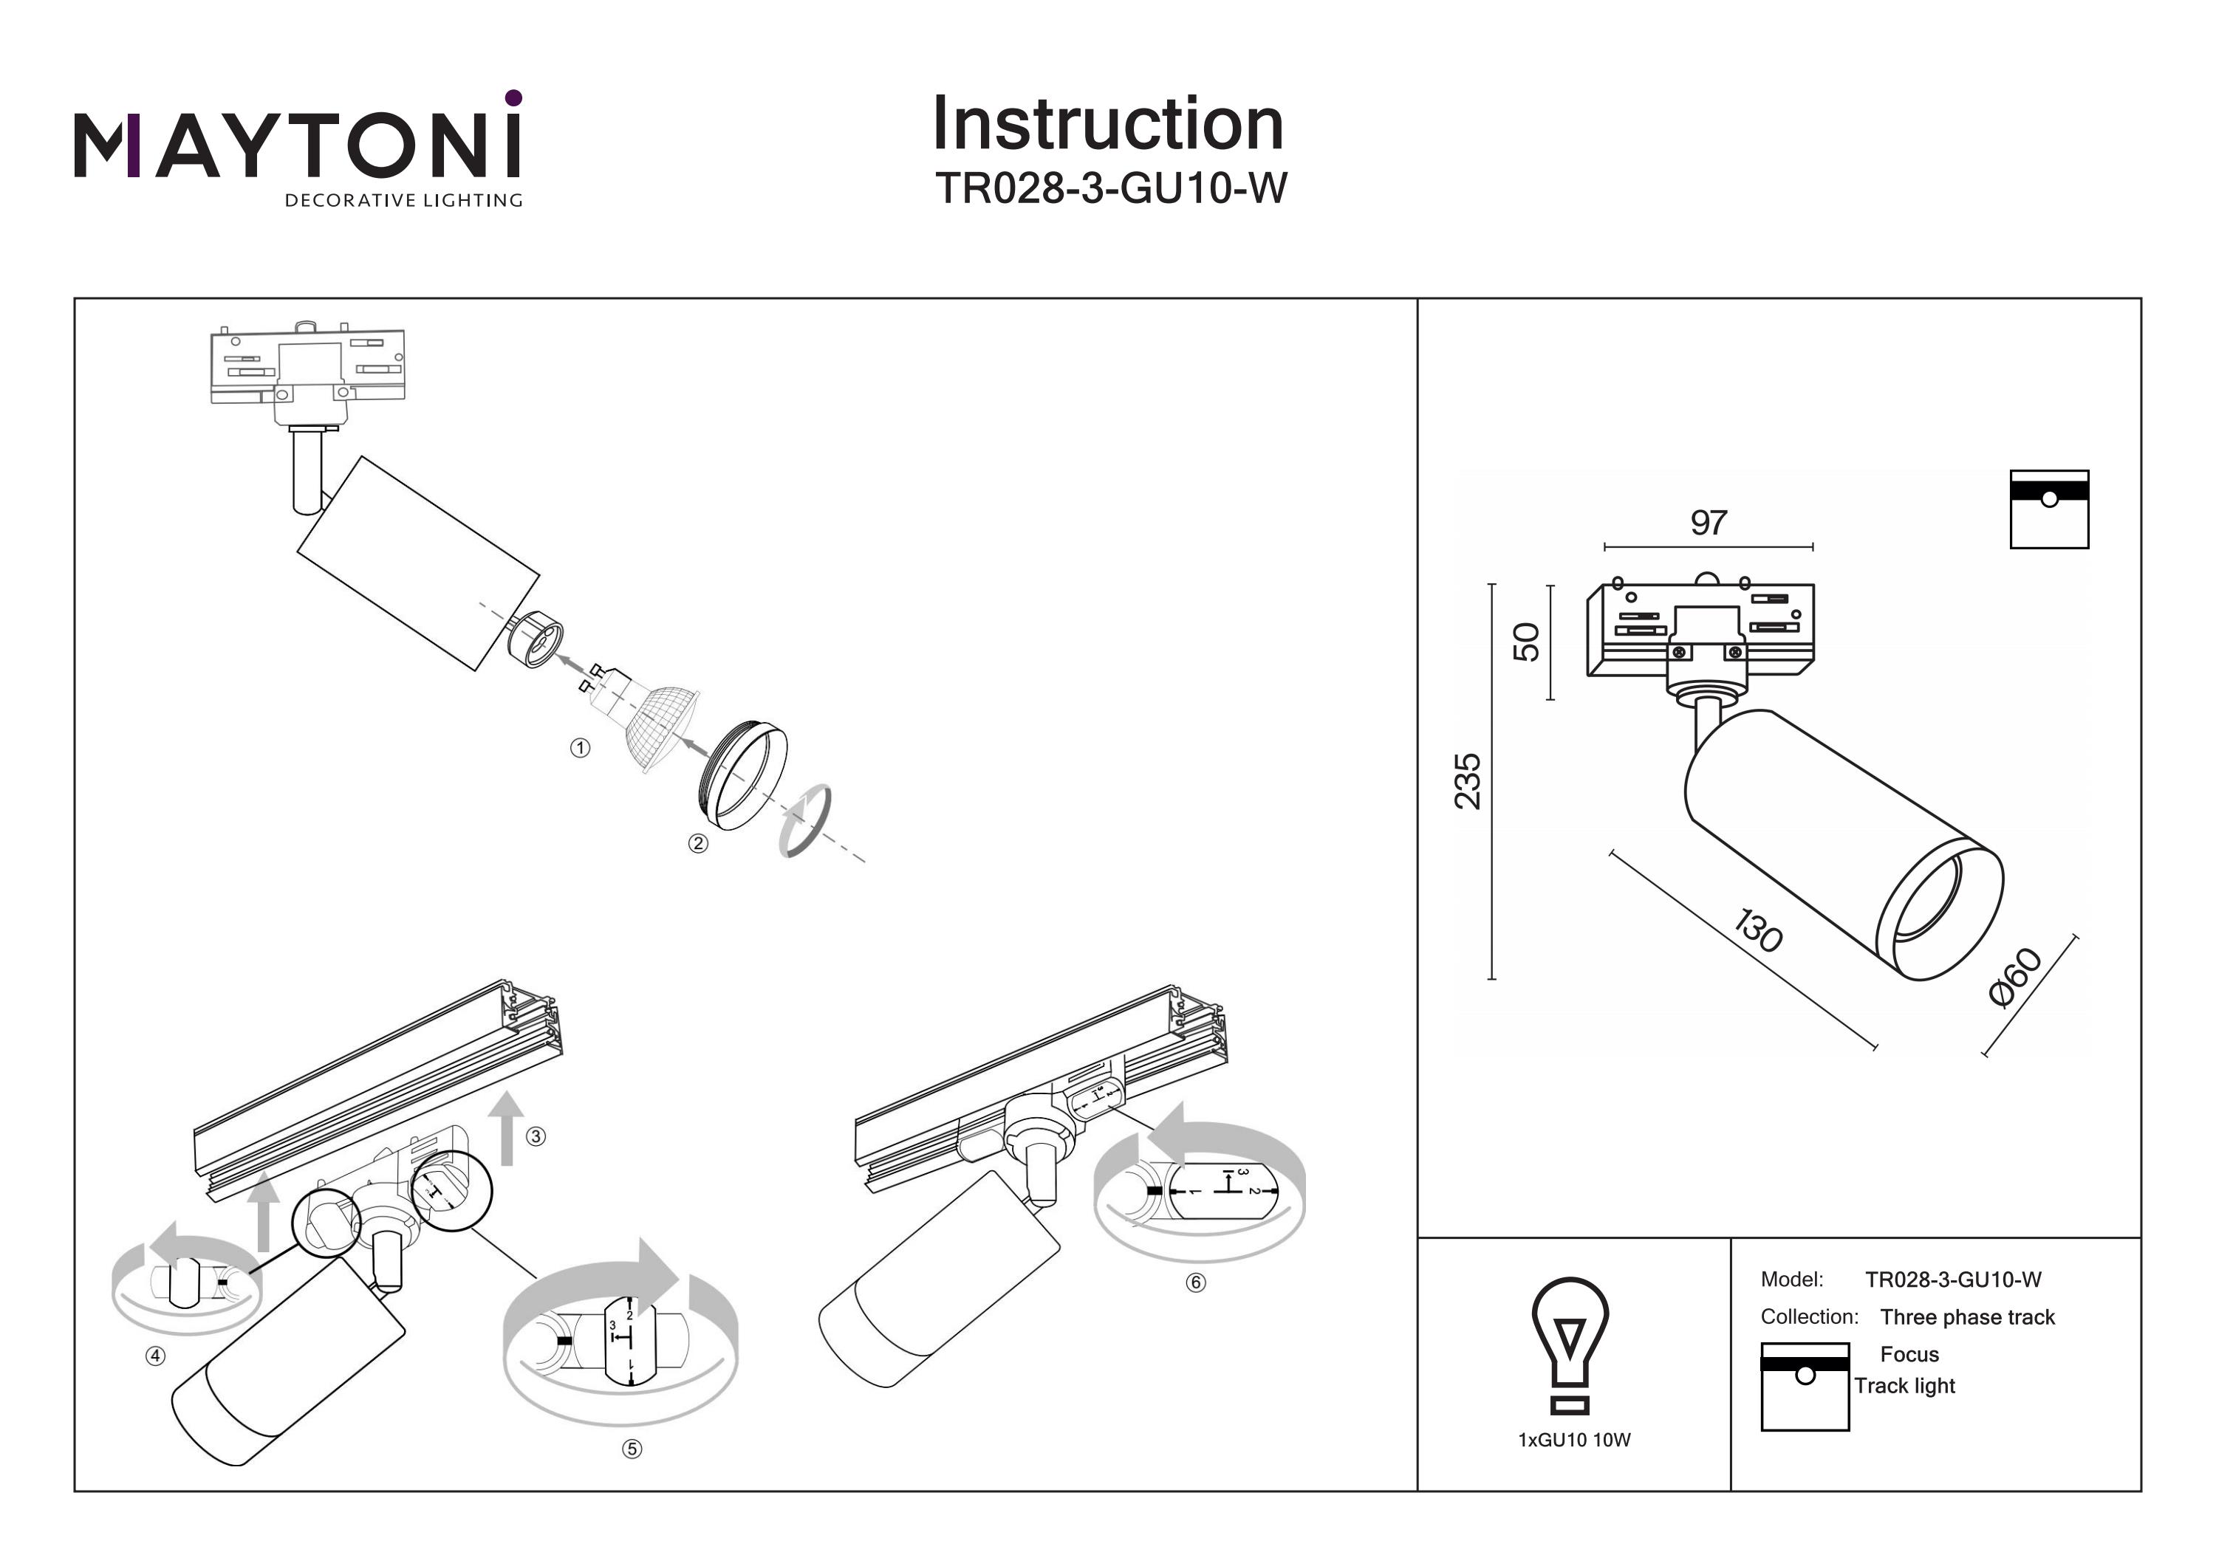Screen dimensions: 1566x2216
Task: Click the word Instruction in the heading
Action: pyautogui.click(x=1107, y=125)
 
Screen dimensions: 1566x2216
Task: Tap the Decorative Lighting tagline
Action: pyautogui.click(x=403, y=201)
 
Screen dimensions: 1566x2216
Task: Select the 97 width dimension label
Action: pyautogui.click(x=1709, y=523)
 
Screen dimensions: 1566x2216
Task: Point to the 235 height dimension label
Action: pyautogui.click(x=1468, y=782)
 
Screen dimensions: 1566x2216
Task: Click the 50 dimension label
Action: pyautogui.click(x=1526, y=642)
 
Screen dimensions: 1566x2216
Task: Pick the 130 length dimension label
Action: pyautogui.click(x=1757, y=930)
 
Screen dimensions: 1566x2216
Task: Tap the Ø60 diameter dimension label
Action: pyautogui.click(x=2015, y=978)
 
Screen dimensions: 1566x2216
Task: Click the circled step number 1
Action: pyautogui.click(x=580, y=748)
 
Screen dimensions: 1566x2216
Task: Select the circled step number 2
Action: pyautogui.click(x=698, y=843)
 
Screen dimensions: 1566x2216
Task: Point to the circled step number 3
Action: pyautogui.click(x=536, y=1136)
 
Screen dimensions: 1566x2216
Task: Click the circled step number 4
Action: pyautogui.click(x=155, y=1356)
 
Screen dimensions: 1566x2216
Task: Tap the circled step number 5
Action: pyautogui.click(x=632, y=1449)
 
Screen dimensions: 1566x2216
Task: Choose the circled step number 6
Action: pyautogui.click(x=1196, y=1282)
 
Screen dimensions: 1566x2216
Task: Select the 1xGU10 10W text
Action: pyautogui.click(x=1574, y=1440)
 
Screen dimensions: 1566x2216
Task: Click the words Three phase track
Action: pyautogui.click(x=1967, y=1317)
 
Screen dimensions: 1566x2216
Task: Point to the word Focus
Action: pyautogui.click(x=1909, y=1355)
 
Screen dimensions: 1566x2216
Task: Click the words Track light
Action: pyautogui.click(x=1904, y=1386)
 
